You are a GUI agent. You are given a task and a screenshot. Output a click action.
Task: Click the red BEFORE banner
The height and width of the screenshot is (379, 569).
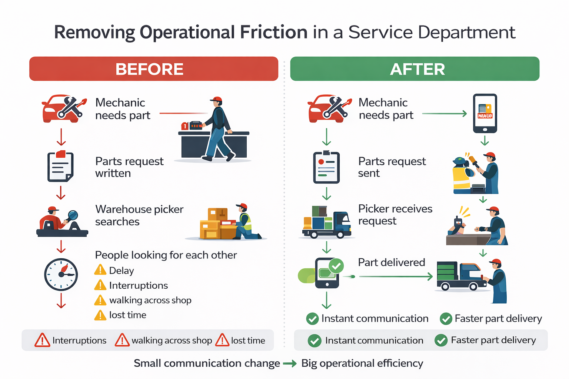(153, 69)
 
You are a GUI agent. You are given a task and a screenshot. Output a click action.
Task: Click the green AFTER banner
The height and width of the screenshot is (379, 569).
(415, 69)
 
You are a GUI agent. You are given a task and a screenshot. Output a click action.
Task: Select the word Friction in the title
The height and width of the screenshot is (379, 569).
(273, 32)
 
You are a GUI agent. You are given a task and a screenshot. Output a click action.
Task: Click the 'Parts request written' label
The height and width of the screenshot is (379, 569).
(129, 167)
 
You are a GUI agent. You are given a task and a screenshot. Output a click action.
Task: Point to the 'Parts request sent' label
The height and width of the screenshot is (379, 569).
(392, 167)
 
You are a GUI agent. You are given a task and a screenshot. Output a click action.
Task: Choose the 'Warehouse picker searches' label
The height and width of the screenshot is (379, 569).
(139, 215)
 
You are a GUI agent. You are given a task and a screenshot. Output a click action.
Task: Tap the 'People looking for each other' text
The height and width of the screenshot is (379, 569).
(166, 255)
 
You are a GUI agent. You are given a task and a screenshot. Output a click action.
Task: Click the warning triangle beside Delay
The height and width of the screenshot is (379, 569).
(100, 270)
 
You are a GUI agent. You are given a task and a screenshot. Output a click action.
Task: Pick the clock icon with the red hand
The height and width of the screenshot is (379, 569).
(61, 274)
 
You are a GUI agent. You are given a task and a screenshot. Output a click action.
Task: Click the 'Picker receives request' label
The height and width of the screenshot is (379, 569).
(395, 215)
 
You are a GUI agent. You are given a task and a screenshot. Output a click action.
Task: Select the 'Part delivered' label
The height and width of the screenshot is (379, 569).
(391, 262)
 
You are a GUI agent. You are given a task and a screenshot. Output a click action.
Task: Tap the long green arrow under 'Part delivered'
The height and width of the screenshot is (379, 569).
(395, 276)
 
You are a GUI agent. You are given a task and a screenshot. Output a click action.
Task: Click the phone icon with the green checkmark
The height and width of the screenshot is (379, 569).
(327, 273)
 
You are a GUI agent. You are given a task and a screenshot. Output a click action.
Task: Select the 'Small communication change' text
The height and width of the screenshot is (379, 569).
(207, 363)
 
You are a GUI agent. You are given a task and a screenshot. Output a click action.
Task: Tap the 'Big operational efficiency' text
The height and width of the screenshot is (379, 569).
(362, 363)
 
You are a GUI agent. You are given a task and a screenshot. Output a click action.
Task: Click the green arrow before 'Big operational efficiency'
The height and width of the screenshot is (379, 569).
(290, 364)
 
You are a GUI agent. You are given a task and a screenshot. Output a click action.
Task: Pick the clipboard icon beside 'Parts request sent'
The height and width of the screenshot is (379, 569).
(326, 168)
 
